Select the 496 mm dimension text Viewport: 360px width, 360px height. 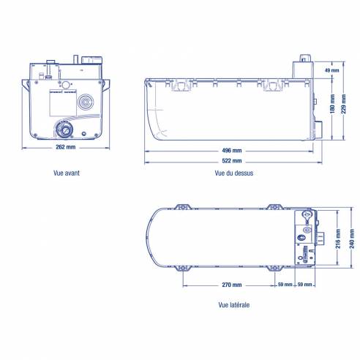click(x=231, y=150)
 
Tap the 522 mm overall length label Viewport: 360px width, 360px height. click(x=231, y=161)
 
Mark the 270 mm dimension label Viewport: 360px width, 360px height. click(x=231, y=284)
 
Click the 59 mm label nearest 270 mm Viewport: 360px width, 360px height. click(x=285, y=284)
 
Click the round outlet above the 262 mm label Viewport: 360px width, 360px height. click(x=66, y=130)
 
